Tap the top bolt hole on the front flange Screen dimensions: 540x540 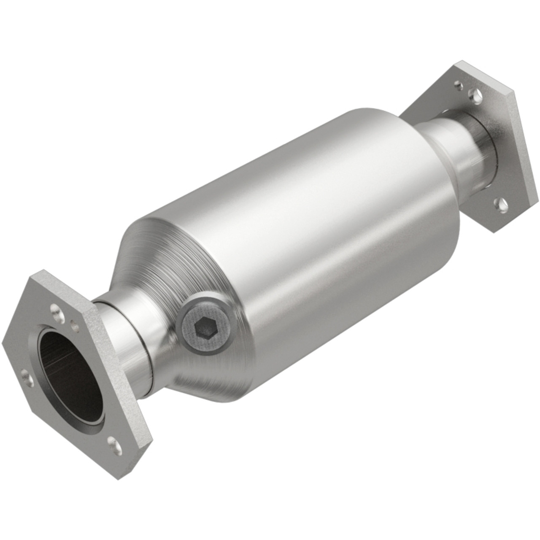pyautogui.click(x=55, y=310)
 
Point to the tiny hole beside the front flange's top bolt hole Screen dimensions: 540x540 pyautogui.click(x=75, y=325)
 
